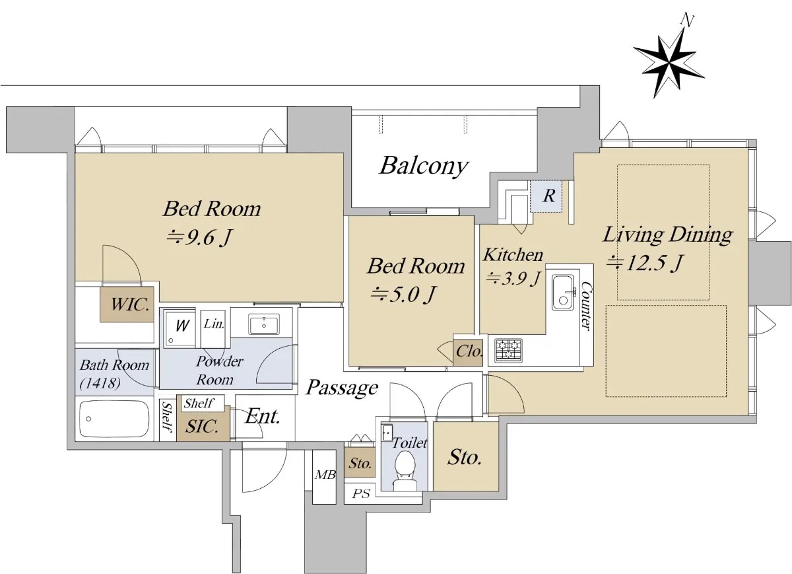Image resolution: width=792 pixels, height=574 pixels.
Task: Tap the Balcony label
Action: tap(423, 166)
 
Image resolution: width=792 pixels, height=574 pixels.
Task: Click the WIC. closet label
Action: tap(127, 305)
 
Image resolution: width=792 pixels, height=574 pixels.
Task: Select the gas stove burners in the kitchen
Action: tap(508, 349)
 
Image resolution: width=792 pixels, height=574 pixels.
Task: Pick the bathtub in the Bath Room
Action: tap(113, 418)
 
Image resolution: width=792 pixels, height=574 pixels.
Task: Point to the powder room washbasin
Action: tap(264, 324)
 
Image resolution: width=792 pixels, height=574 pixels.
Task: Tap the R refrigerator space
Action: tap(548, 196)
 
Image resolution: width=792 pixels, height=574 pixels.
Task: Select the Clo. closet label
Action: tap(469, 352)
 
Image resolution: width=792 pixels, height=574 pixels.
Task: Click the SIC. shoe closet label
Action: tap(201, 427)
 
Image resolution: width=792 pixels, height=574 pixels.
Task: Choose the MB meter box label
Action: tap(323, 475)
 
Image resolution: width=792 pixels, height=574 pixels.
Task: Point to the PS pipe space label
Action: tap(360, 494)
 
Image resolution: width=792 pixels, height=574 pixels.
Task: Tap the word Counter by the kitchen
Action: tap(585, 308)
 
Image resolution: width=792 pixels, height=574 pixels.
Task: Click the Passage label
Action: tap(342, 388)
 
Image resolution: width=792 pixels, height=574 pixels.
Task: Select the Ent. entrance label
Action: tap(262, 416)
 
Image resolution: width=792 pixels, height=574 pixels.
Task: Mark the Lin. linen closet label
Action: tap(214, 324)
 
